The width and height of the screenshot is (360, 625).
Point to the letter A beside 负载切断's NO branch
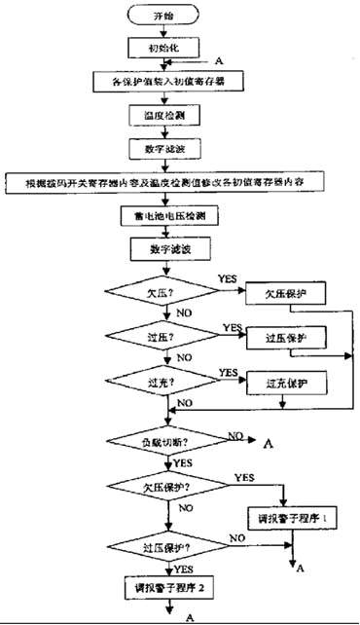265,444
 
